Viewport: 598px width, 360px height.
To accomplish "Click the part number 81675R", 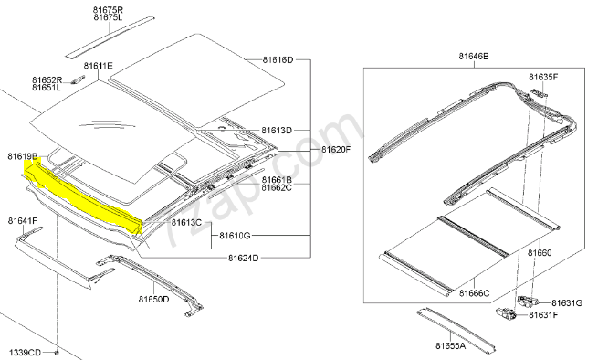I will click(108, 9).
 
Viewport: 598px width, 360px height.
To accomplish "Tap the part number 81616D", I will click(278, 60).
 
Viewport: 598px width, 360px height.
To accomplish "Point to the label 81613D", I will click(276, 131).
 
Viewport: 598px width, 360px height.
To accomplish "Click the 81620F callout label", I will click(336, 148).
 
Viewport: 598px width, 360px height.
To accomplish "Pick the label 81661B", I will click(276, 180).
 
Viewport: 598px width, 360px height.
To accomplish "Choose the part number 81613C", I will click(186, 223).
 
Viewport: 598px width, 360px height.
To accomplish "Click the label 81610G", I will click(235, 235).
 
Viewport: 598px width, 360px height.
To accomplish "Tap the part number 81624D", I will click(244, 259).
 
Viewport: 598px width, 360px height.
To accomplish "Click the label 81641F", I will click(23, 220).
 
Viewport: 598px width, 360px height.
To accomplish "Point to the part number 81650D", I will click(154, 299).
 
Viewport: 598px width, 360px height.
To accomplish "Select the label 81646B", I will click(474, 57).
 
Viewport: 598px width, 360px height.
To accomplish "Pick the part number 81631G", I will click(568, 302).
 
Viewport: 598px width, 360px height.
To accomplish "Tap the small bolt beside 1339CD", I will click(57, 351).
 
